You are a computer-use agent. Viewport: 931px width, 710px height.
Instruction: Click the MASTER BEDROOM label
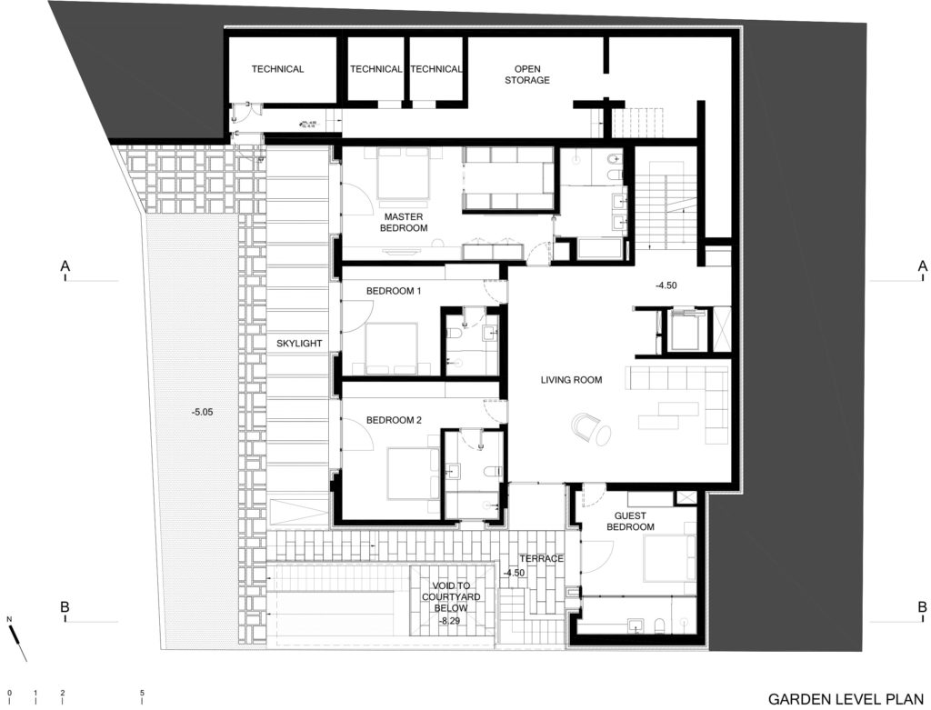pyautogui.click(x=405, y=222)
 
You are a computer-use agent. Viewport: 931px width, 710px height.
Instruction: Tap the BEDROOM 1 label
pyautogui.click(x=394, y=291)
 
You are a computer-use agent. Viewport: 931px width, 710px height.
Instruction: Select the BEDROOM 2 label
pyautogui.click(x=394, y=421)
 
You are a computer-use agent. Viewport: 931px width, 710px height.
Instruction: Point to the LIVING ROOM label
pyautogui.click(x=571, y=380)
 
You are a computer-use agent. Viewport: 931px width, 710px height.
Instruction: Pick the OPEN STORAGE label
pyautogui.click(x=532, y=75)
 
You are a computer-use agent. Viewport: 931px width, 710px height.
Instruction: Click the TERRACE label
pyautogui.click(x=542, y=558)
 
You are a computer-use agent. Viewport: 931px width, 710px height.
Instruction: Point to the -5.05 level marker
pyautogui.click(x=203, y=412)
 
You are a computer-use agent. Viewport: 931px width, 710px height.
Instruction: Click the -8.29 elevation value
pyautogui.click(x=449, y=620)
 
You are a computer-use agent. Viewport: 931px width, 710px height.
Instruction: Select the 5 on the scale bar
pyautogui.click(x=142, y=693)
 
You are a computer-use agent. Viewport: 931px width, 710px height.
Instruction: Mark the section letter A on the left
pyautogui.click(x=65, y=266)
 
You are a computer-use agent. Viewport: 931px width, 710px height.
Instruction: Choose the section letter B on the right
pyautogui.click(x=922, y=606)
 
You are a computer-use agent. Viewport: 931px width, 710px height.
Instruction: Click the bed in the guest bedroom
pyautogui.click(x=670, y=558)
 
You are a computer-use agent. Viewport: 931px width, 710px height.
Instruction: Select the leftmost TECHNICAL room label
pyautogui.click(x=277, y=69)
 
